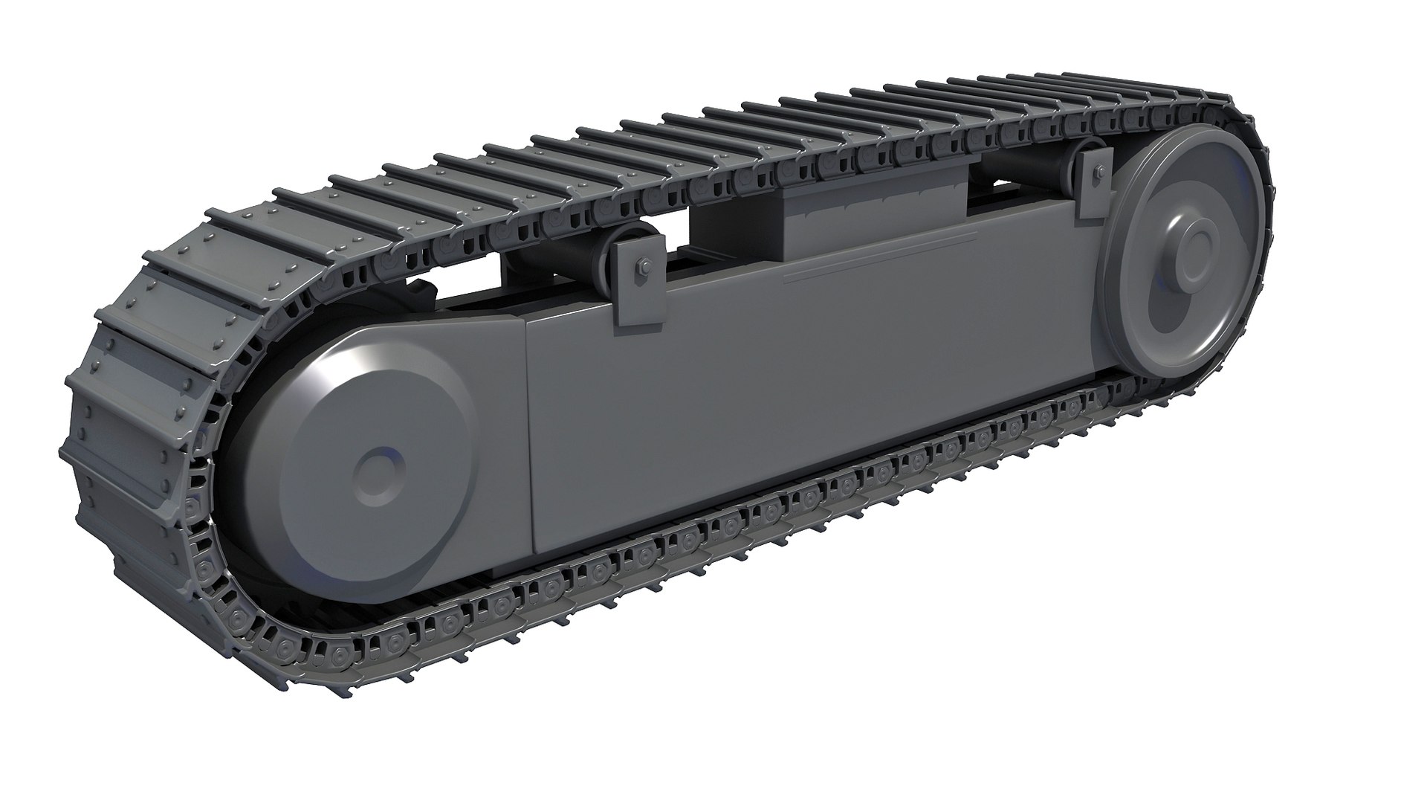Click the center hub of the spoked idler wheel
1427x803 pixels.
[1194, 251]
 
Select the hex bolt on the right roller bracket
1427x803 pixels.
[1098, 174]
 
